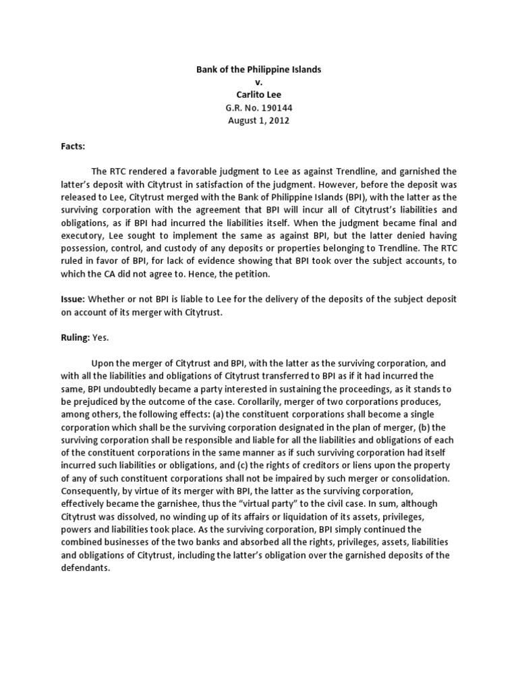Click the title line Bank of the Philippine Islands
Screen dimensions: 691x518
[x=259, y=70]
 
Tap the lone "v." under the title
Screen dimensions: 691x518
[x=259, y=82]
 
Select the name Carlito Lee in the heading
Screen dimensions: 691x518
[x=259, y=94]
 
